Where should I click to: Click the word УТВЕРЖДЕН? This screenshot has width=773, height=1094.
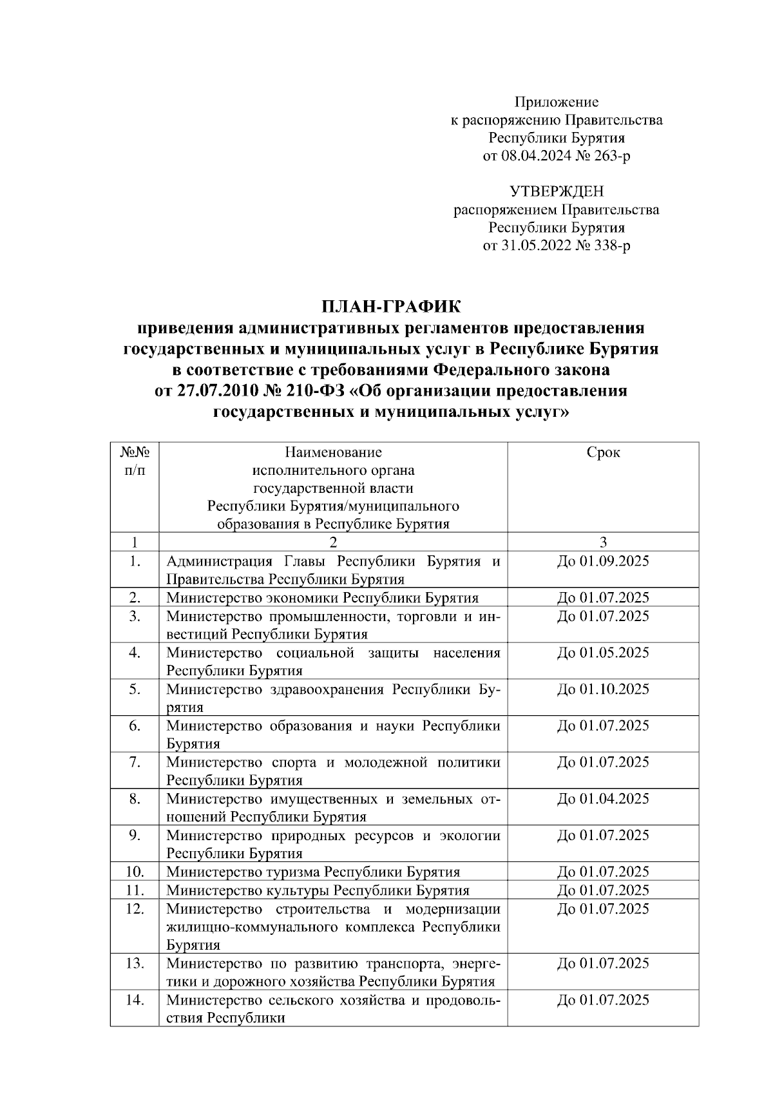(557, 191)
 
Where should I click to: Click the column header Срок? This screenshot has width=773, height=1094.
(603, 452)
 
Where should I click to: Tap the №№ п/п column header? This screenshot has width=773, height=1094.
(135, 461)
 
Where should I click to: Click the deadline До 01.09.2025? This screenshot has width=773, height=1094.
(603, 561)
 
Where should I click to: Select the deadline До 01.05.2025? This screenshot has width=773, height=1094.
(603, 653)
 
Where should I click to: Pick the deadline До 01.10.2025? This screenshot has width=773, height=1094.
(603, 689)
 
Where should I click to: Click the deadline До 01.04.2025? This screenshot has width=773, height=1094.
(603, 799)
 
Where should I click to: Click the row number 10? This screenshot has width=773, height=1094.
(135, 872)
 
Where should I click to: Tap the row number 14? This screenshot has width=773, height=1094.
(135, 1001)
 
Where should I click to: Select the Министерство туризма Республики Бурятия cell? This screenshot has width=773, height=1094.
(313, 872)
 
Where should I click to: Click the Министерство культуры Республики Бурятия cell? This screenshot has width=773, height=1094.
(318, 890)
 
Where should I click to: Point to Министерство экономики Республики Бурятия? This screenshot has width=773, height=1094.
(322, 598)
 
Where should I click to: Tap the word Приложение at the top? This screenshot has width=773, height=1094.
(557, 102)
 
